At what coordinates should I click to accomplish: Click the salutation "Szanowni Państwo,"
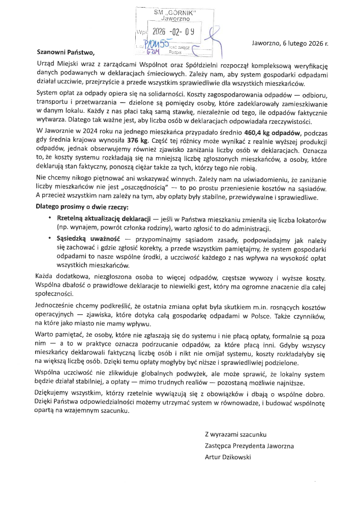click(65, 52)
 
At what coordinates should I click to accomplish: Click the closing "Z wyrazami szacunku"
click(235, 434)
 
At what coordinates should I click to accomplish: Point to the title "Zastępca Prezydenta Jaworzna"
click(249, 446)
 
